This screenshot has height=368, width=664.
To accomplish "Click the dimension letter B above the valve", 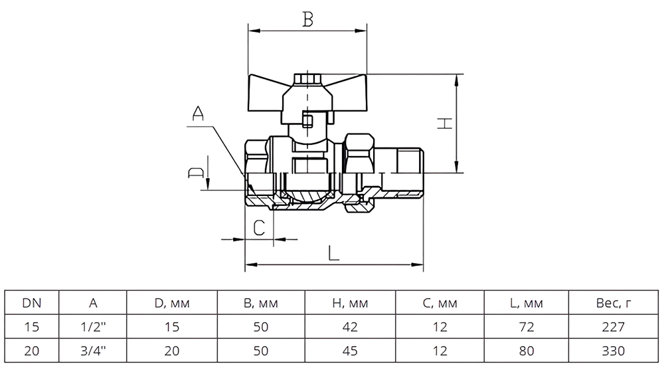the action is pos(308,19).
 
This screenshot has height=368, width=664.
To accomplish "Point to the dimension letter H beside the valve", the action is pos(445,124).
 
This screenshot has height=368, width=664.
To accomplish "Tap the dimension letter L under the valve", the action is pos(334,253).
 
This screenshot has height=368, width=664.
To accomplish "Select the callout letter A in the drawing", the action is pos(198,114).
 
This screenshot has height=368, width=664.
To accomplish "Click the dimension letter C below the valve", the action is pos(259,228).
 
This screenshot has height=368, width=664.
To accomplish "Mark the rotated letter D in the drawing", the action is pos(196,172).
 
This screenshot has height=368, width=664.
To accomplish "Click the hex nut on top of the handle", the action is pos(307,79).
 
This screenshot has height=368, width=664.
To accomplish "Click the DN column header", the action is pos(32,303).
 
